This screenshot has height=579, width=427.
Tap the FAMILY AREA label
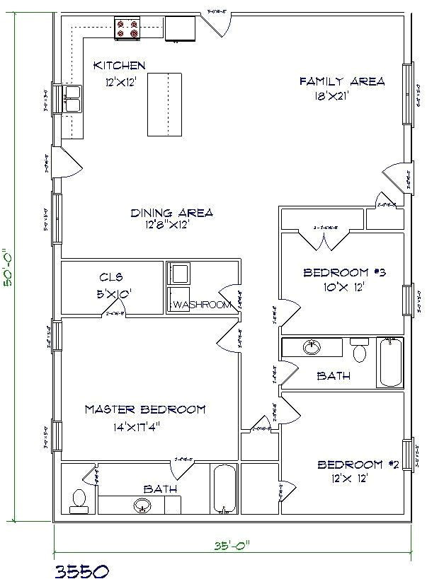(342, 82)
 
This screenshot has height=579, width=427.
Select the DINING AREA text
(171, 213)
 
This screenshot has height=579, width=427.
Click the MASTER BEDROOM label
(145, 409)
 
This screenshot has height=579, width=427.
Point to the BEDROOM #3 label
(346, 273)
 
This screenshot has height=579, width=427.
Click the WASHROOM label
(203, 305)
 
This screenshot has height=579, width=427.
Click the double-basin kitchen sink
(73, 100)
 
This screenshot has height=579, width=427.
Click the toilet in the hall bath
(360, 349)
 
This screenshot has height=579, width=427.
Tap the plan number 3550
(81, 569)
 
